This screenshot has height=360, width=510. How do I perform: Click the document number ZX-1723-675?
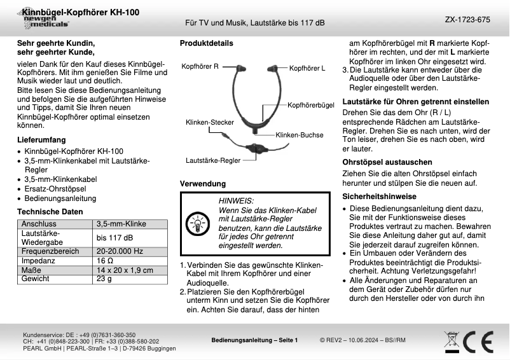[x=467, y=20]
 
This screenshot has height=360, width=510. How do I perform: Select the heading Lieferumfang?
[x=41, y=139]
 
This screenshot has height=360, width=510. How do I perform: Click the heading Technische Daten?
[x=50, y=211]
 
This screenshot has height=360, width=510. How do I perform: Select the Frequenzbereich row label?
[x=51, y=251]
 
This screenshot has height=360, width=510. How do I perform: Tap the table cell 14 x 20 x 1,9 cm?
[x=125, y=270]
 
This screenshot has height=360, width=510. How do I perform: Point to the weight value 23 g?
[x=104, y=279]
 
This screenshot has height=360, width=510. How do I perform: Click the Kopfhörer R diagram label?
[x=200, y=66]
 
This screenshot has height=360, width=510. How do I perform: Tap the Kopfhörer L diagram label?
[x=307, y=67]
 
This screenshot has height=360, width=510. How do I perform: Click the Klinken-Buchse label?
[x=300, y=135]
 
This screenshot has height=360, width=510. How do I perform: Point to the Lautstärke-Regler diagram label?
[x=213, y=160]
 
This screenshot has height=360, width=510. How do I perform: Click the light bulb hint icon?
[x=195, y=224]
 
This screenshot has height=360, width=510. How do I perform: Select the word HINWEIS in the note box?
[x=236, y=200]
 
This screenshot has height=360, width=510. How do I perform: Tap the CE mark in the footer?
[x=477, y=342]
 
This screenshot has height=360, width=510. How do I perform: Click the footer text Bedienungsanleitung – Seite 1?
[x=254, y=341]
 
